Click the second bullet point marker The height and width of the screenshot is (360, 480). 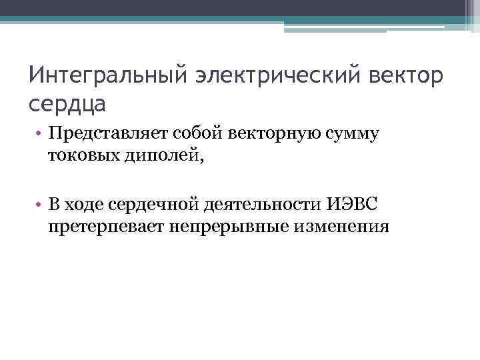click(40, 204)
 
